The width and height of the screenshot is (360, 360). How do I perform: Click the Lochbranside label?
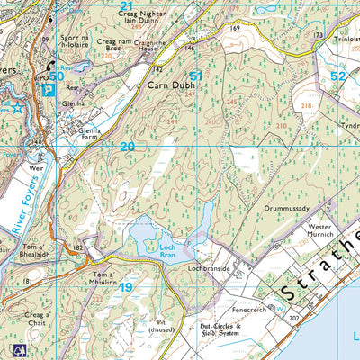[x=211, y=267]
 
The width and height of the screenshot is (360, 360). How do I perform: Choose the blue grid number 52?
[x=337, y=77]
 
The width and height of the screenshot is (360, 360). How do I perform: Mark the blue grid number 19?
[x=127, y=288]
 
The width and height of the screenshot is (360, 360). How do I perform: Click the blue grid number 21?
[x=127, y=5]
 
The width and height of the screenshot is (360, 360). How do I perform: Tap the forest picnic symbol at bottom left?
[x=20, y=347]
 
